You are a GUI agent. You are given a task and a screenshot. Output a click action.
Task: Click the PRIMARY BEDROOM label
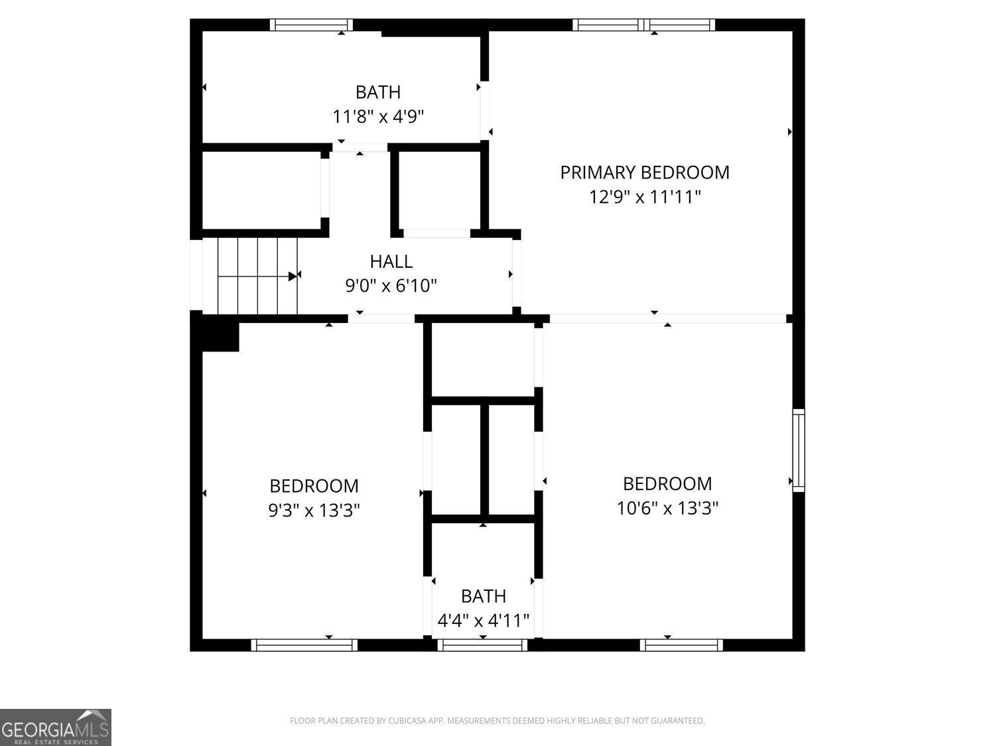[644, 172]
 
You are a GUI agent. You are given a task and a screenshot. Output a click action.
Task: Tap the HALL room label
[391, 261]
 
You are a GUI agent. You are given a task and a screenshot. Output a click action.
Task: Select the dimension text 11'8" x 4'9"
[378, 117]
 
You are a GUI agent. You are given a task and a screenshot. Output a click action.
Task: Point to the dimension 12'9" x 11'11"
[645, 197]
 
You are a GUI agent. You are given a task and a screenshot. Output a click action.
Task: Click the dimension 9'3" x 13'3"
[314, 511]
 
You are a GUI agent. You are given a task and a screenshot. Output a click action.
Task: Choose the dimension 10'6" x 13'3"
[667, 508]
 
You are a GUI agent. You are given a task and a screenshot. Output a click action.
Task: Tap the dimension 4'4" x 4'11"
[483, 621]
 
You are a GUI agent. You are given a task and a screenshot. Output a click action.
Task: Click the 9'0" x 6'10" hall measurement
[391, 286]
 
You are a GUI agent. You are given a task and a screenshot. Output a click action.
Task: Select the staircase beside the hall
[257, 275]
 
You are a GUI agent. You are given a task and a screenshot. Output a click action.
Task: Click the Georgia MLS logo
[55, 727]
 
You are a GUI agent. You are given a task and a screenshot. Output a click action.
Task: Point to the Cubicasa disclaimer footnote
[497, 721]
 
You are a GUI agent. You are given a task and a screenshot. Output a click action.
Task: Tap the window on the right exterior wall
[799, 450]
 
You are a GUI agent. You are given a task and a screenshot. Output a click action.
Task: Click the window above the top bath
[311, 25]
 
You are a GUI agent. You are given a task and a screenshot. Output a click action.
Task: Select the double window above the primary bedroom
[643, 25]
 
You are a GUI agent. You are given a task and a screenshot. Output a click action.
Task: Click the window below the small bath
[482, 645]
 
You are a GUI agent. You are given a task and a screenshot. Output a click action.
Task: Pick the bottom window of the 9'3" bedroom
[304, 645]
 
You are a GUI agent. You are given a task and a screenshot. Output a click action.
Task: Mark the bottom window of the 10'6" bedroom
[681, 645]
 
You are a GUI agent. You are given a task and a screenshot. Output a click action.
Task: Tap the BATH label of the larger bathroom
[378, 92]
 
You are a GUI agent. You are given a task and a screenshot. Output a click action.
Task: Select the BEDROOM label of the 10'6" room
[667, 483]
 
